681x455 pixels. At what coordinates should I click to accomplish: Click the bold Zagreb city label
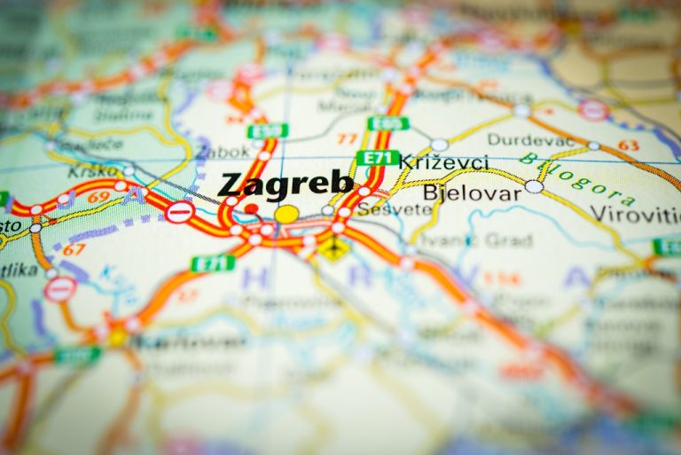point(285,184)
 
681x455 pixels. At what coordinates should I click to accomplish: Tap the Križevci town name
point(443,162)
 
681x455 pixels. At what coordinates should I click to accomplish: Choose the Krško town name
point(93,170)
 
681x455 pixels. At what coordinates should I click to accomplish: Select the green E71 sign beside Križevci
point(377,158)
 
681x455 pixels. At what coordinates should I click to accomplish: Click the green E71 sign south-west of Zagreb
point(213,263)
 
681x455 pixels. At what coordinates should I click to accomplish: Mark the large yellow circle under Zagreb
point(286,214)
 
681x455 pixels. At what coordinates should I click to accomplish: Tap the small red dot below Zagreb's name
point(252,209)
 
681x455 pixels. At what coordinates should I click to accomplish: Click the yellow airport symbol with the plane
point(334,247)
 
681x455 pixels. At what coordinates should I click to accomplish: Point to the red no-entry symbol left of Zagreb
point(179,212)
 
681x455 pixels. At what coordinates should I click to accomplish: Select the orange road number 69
point(98,196)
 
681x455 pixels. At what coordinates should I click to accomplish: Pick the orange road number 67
point(74,249)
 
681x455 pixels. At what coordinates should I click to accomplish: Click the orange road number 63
point(628,145)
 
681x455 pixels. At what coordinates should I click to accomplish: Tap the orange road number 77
point(347,138)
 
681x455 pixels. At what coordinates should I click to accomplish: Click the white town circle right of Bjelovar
point(533,186)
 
